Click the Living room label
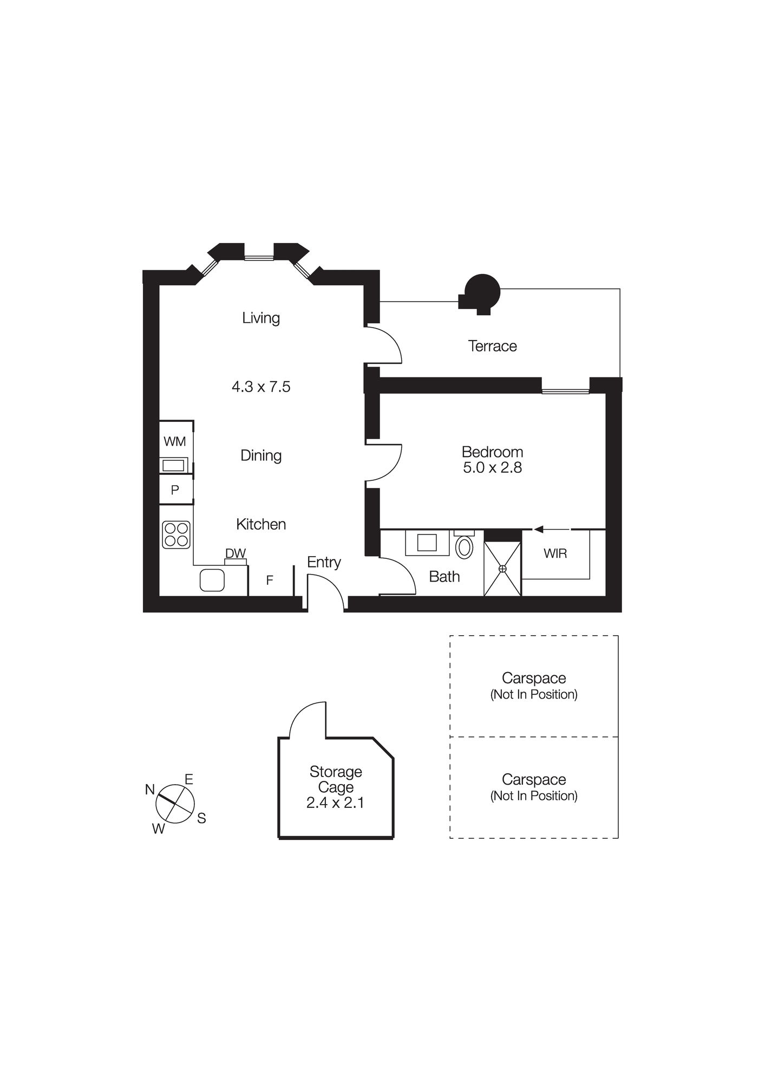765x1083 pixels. coord(260,318)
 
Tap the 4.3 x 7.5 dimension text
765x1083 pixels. coord(261,387)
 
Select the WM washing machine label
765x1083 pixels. coord(174,441)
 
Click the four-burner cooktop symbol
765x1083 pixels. coord(176,534)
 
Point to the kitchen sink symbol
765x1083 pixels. coord(212,580)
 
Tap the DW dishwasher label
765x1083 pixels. coord(236,553)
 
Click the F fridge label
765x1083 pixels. coord(270,580)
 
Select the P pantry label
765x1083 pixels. coord(175,490)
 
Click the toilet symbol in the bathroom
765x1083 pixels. coord(464,547)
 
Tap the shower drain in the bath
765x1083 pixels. coord(502,569)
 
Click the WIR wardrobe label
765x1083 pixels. coord(555,553)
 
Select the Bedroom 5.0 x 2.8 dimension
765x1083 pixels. coord(492,467)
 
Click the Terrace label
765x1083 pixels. coord(492,346)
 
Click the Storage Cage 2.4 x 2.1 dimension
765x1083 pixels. coord(335,803)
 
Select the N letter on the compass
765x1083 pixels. coord(150,790)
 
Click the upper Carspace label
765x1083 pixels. coord(533,678)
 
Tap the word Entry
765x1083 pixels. coord(324,562)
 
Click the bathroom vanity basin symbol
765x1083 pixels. coord(427,542)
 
